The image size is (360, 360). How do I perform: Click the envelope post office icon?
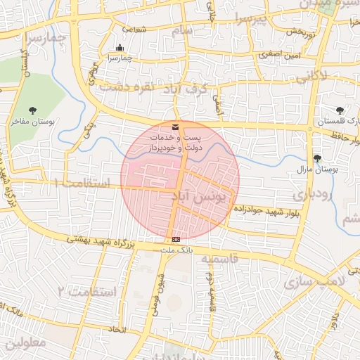[174, 127]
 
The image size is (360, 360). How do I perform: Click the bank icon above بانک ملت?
[175, 240]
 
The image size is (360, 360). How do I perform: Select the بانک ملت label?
[176, 250]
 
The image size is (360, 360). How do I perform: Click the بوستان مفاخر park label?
[33, 122]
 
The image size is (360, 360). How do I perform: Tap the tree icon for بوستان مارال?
[317, 158]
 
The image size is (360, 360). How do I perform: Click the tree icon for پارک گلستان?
[340, 110]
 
